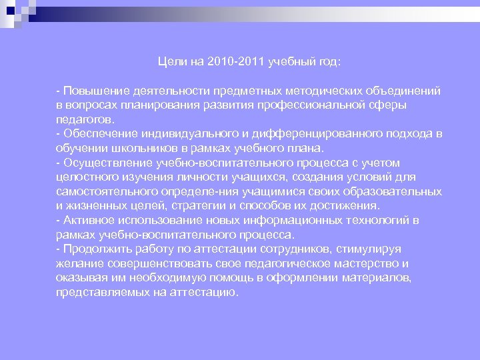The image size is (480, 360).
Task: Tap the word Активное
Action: point(87,221)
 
